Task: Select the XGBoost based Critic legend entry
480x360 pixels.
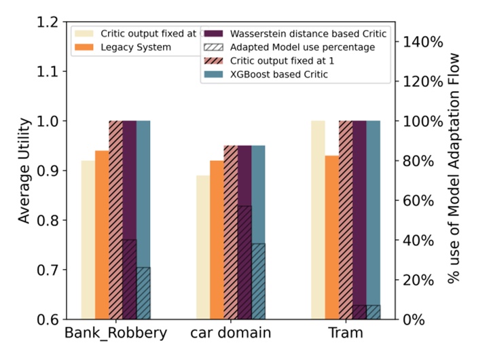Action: (279, 74)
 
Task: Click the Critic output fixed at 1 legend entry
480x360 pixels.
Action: (279, 60)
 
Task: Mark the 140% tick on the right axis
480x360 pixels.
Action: (424, 42)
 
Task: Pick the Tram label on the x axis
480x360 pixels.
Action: (345, 334)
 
